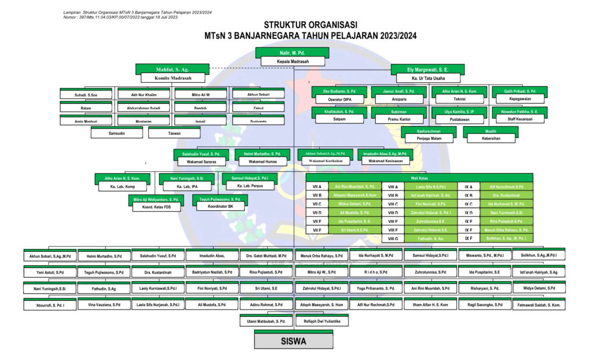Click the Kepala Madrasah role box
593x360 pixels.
[x=292, y=61]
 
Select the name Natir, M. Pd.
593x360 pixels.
[x=292, y=53]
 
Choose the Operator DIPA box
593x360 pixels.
[x=339, y=99]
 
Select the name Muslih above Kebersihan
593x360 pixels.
[x=490, y=131]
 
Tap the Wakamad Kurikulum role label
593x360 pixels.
[x=325, y=161]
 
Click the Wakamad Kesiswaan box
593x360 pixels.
[x=385, y=161]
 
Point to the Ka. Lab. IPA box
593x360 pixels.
[x=182, y=186]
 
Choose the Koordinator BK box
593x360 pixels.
[x=221, y=206]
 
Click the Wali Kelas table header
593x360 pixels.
[x=419, y=178]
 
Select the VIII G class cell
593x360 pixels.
[x=393, y=238]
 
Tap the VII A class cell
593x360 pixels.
[x=317, y=187]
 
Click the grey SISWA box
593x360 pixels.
[x=294, y=341]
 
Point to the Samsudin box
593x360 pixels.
[x=117, y=133]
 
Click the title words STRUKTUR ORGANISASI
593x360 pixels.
[x=310, y=25]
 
